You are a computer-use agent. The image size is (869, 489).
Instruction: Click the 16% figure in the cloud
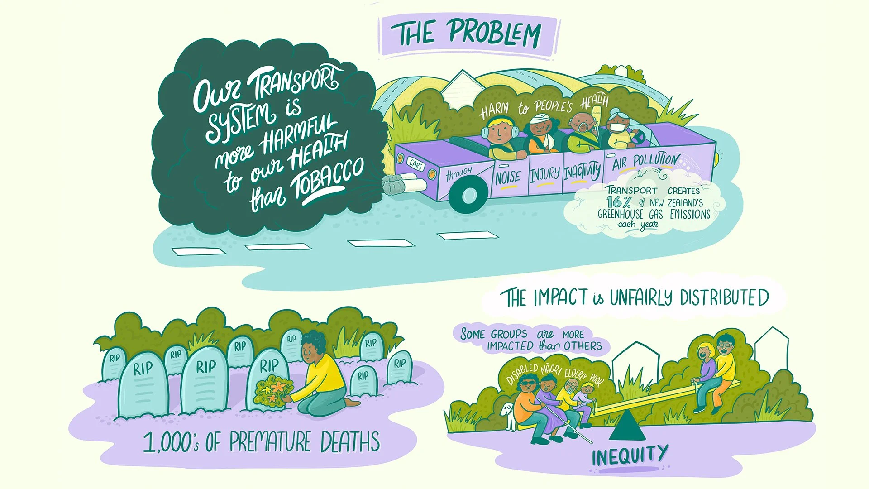pos(619,202)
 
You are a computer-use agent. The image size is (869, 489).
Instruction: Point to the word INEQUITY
pos(630,455)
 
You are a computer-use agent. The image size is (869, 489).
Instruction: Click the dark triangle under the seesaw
pos(627,428)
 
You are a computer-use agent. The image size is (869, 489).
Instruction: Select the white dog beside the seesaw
pos(509,415)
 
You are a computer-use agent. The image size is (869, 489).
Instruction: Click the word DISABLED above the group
pos(522,374)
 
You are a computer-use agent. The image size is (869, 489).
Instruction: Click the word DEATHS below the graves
pos(350,442)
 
